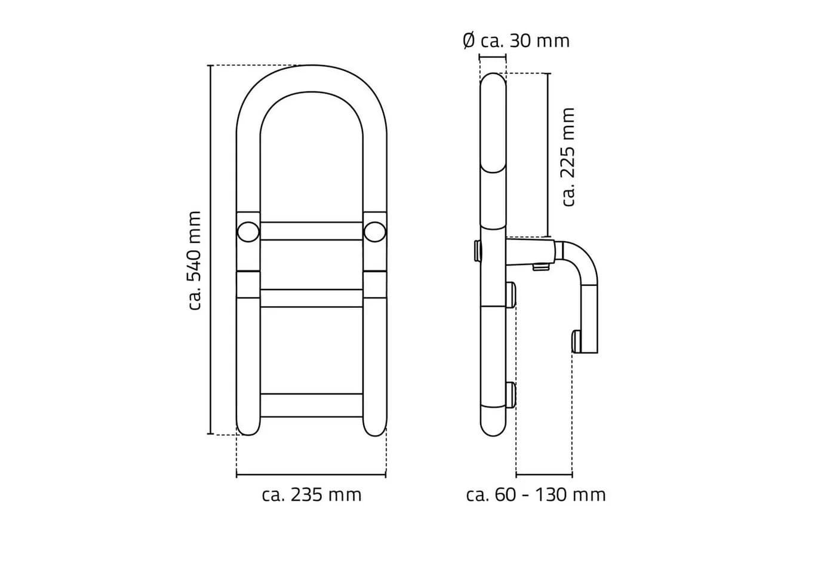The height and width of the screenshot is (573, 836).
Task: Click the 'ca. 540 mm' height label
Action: pos(195,260)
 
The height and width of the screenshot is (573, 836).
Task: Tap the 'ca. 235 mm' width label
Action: pos(312,495)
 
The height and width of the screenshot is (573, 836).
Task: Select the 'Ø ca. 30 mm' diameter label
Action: pos(516,41)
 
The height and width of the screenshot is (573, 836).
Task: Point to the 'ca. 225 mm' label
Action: pos(568,156)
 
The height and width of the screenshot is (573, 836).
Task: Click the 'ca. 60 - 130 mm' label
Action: pos(536,495)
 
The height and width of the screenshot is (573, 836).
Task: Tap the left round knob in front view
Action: pos(248,232)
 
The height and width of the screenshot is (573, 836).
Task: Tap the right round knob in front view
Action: pos(375,232)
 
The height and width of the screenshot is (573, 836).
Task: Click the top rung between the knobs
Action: pos(311,231)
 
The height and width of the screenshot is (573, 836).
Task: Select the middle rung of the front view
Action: pos(311,298)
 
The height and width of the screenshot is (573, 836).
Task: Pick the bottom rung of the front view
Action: pos(311,405)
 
